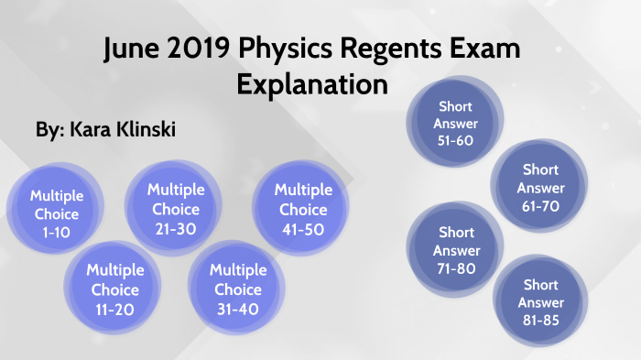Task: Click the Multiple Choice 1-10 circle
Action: point(56,213)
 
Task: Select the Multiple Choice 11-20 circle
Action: point(115,289)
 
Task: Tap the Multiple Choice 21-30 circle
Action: point(176,208)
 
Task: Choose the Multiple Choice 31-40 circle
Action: point(238,289)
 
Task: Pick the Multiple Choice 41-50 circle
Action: point(303,210)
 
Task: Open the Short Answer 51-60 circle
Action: point(457,125)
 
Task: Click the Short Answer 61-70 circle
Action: point(540,188)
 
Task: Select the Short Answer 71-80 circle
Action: point(456,250)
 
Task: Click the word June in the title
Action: point(134,49)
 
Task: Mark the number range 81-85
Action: point(540,320)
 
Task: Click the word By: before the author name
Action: point(49,131)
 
